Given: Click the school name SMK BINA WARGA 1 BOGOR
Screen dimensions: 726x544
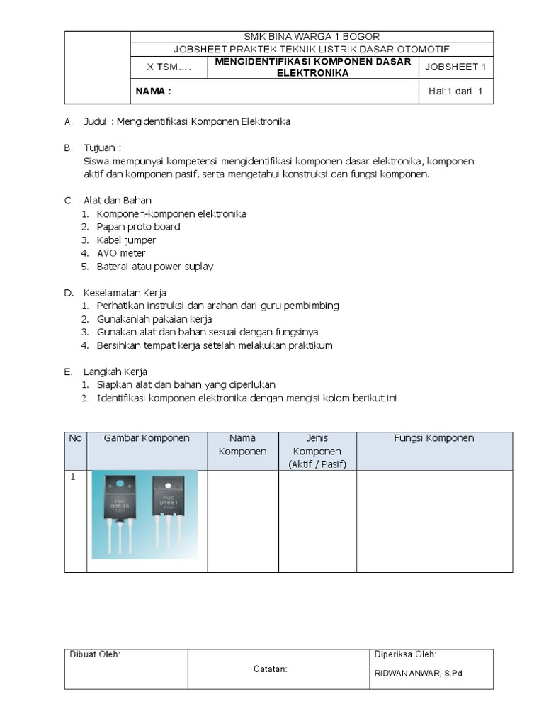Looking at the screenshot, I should click(x=312, y=36).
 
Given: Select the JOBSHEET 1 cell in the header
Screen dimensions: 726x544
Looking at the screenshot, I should click(x=455, y=67).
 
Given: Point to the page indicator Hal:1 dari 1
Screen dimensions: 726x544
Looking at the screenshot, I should click(x=455, y=91).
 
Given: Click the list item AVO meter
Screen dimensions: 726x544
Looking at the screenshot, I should click(x=121, y=253).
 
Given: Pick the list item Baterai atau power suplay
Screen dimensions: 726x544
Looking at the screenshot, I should click(x=154, y=267).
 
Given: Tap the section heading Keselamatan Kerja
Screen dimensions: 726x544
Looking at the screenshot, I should click(x=125, y=293).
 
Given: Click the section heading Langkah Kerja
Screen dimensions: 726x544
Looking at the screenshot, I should click(x=115, y=372).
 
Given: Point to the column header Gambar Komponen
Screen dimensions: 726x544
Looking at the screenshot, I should click(x=147, y=438).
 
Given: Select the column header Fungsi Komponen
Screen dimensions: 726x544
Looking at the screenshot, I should click(x=433, y=438).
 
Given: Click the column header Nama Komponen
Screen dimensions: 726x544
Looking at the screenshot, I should click(x=242, y=445).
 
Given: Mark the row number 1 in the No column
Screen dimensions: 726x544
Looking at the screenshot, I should click(x=72, y=478).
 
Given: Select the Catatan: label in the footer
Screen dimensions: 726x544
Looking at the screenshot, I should click(x=270, y=669).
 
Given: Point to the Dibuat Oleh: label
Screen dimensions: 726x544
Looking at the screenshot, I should click(x=95, y=654).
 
